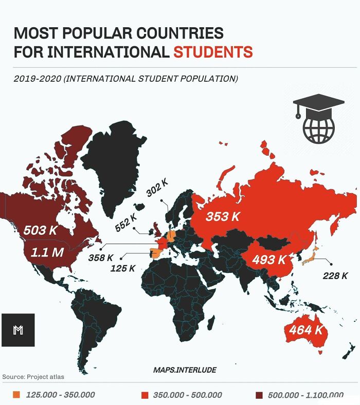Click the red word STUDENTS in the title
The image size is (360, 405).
(x=212, y=52)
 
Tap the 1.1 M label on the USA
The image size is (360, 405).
(x=47, y=252)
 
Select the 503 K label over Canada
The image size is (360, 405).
(x=40, y=230)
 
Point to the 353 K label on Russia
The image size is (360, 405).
(x=223, y=216)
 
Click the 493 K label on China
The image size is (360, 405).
(x=268, y=260)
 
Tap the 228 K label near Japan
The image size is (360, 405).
(x=335, y=275)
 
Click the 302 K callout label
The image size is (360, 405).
(x=157, y=188)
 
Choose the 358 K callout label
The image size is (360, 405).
(x=100, y=257)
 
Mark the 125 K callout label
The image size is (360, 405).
(x=123, y=268)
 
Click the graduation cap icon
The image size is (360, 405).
(x=318, y=105)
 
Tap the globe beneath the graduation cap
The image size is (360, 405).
(x=319, y=129)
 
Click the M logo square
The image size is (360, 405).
(x=18, y=330)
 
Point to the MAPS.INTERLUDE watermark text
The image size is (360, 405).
(x=185, y=370)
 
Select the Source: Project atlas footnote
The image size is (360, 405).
(x=33, y=377)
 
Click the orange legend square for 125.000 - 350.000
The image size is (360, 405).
(x=16, y=395)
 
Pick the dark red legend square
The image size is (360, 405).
(x=259, y=395)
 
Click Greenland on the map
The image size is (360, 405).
(x=114, y=164)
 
